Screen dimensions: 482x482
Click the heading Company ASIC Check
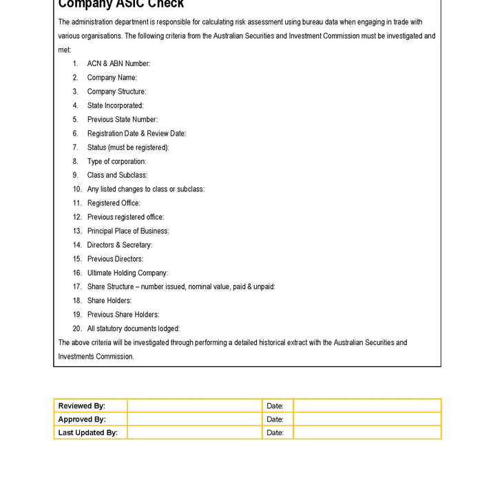[x=121, y=4]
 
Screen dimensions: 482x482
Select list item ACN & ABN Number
[x=118, y=63]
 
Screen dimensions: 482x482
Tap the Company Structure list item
[x=116, y=92]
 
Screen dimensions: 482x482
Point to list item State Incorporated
[x=115, y=105]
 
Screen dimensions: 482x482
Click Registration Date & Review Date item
[x=136, y=134]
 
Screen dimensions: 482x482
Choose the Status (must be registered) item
[x=127, y=147]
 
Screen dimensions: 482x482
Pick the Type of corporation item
[x=116, y=161]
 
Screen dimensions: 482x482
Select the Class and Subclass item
[x=117, y=175]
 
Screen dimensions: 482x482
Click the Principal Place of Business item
[x=127, y=231]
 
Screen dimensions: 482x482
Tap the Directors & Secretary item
[x=119, y=244]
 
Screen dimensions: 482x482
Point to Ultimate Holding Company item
[x=127, y=273]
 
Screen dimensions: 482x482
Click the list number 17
[x=77, y=286]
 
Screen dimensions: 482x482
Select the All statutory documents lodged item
[x=133, y=328]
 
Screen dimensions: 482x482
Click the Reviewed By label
[x=82, y=406]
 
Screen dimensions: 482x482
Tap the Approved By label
[x=82, y=419]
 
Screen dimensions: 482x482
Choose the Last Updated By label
[x=88, y=432]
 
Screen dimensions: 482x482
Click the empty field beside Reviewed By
[x=194, y=406]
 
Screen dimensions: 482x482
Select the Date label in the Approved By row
[x=275, y=419]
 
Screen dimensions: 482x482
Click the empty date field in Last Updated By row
[x=366, y=432]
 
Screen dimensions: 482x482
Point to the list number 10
[x=77, y=189]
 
